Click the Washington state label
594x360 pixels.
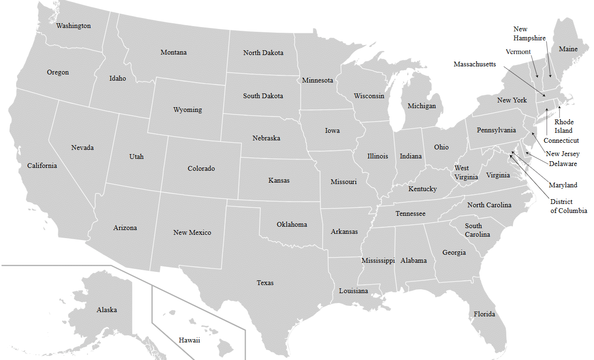tap(73, 26)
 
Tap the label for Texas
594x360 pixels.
tap(265, 283)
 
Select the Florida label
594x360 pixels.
tap(484, 314)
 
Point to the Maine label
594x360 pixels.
tap(568, 49)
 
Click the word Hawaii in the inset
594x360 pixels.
tap(189, 340)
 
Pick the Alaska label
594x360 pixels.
tap(107, 310)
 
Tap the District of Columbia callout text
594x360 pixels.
tap(568, 206)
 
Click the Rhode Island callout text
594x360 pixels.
tap(564, 126)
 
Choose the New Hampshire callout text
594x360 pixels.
tap(529, 34)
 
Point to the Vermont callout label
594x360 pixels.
tap(518, 52)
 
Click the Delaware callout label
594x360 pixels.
tap(563, 164)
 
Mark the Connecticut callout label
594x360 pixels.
tap(561, 140)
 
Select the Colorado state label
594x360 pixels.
tap(201, 168)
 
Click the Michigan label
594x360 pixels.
tap(421, 106)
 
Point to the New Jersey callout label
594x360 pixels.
tap(562, 154)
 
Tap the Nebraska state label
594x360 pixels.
tap(266, 138)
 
